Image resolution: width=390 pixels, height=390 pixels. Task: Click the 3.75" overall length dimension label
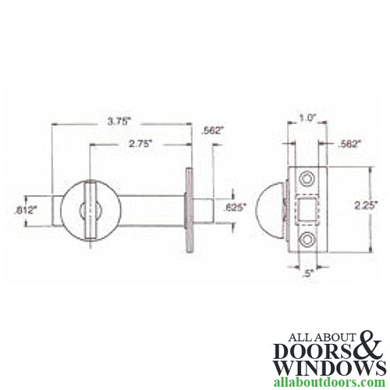119,121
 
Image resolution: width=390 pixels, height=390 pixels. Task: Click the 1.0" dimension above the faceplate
307,118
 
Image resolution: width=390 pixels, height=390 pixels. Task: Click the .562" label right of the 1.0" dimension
349,143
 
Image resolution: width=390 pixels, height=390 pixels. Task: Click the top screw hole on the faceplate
310,179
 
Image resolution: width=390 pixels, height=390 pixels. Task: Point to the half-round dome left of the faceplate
277,208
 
